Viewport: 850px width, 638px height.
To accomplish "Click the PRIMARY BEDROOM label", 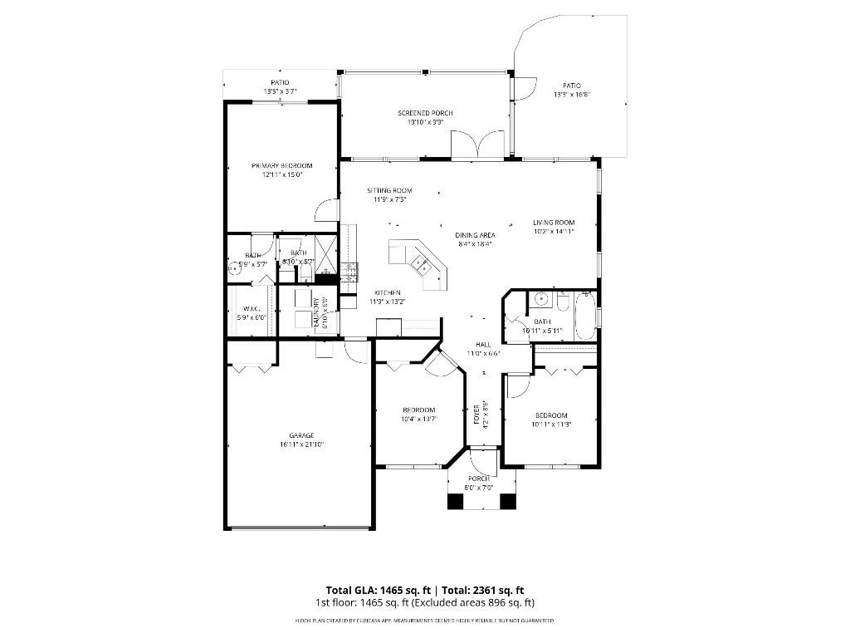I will (281, 165).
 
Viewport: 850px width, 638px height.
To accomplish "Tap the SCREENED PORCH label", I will (425, 113).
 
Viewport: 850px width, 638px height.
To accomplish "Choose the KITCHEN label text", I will (387, 292).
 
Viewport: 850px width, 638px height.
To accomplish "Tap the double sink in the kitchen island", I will (421, 265).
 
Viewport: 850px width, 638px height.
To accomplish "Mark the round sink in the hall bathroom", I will (540, 300).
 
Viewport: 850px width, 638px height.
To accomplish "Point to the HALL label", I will (482, 344).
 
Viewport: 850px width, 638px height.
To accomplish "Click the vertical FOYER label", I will (476, 414).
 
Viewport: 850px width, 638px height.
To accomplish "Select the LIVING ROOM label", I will (554, 222).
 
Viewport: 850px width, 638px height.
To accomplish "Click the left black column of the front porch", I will (456, 501).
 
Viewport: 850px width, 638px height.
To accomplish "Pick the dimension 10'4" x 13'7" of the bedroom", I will (418, 419).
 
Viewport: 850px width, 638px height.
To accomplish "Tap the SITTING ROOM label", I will (389, 190).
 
